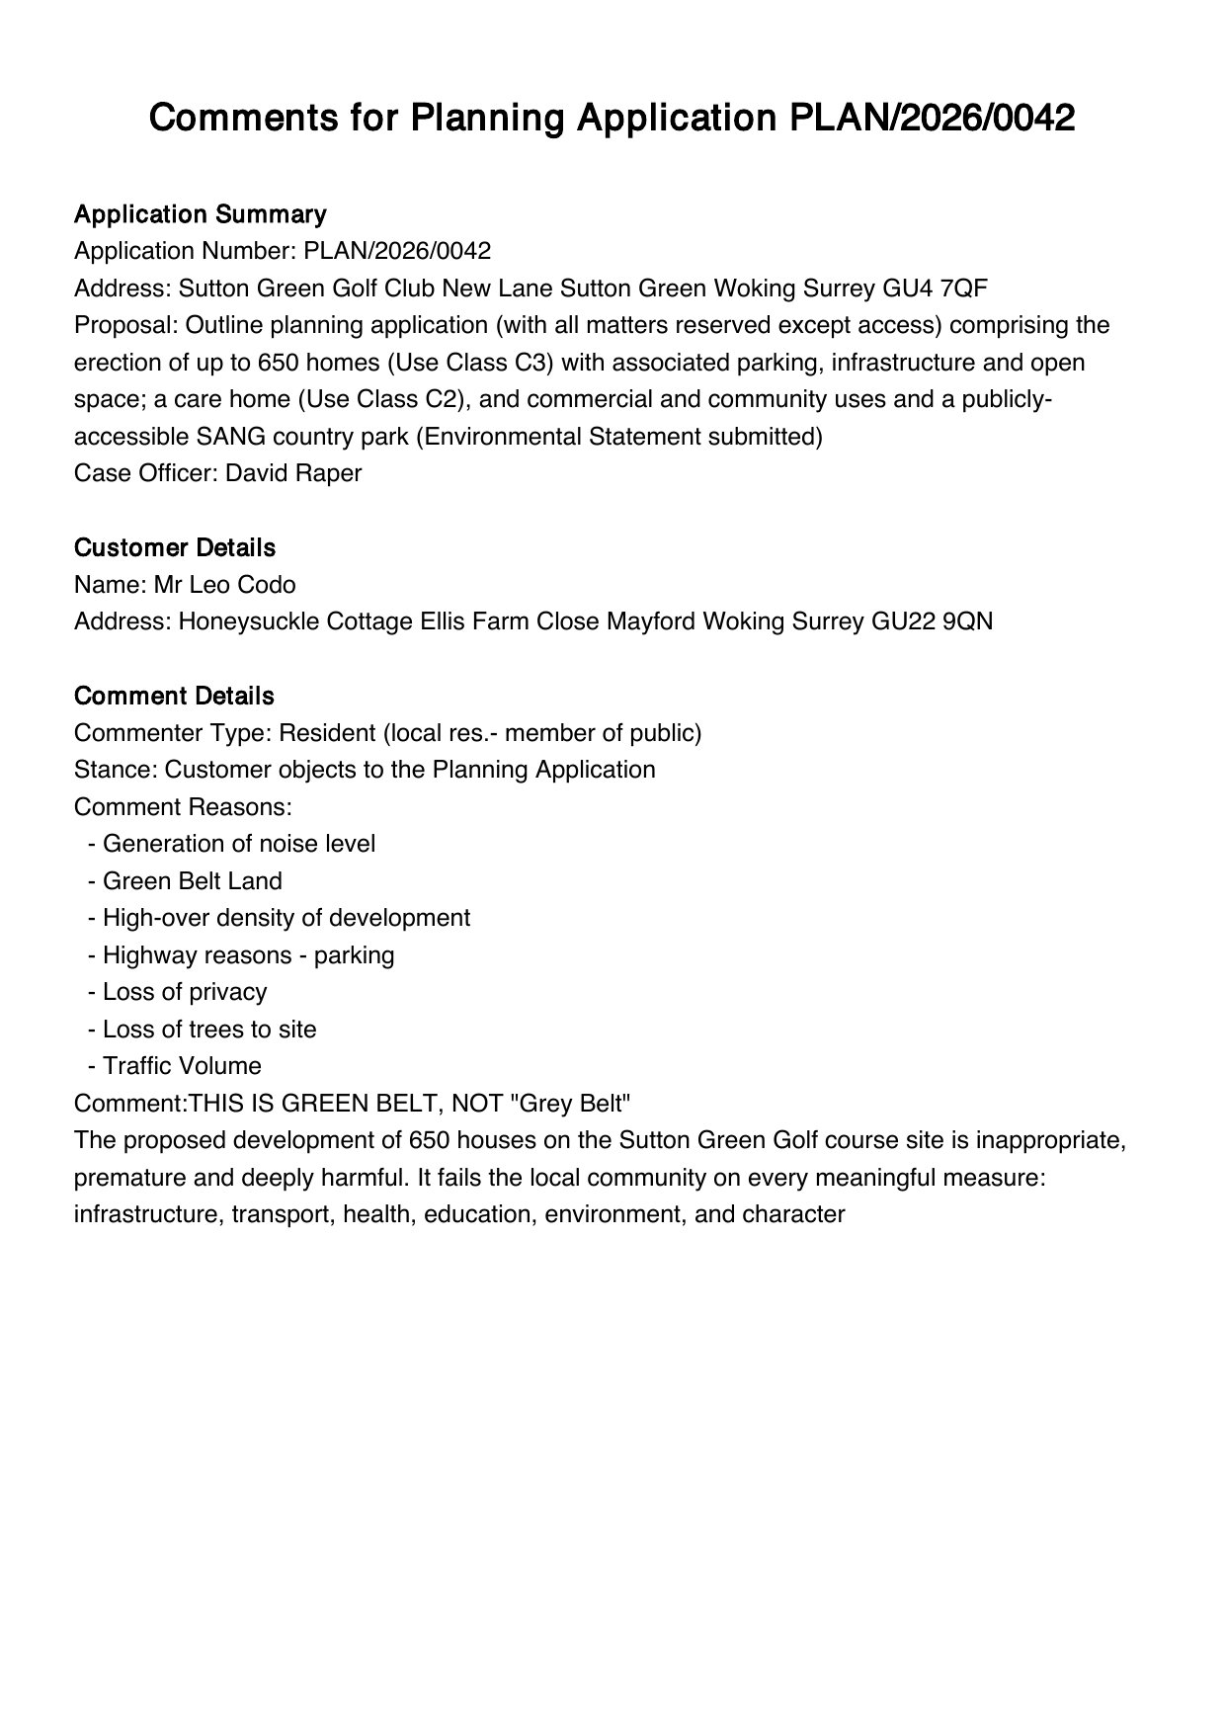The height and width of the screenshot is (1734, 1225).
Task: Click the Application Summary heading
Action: (200, 214)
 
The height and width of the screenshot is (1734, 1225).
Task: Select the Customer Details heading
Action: (175, 547)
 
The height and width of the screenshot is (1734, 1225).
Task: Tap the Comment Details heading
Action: (174, 696)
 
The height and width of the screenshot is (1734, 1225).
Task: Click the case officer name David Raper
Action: (293, 473)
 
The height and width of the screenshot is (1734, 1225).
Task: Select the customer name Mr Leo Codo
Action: (224, 585)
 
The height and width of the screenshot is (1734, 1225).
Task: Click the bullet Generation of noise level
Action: (238, 844)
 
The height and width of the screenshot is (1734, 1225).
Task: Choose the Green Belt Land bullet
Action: (192, 881)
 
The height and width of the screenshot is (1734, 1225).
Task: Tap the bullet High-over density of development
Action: (286, 918)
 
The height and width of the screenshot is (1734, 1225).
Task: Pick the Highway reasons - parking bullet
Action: (248, 955)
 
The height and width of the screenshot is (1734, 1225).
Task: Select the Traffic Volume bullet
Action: (182, 1066)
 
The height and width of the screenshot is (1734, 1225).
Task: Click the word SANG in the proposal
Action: (228, 437)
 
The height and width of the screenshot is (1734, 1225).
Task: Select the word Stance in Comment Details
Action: (113, 770)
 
